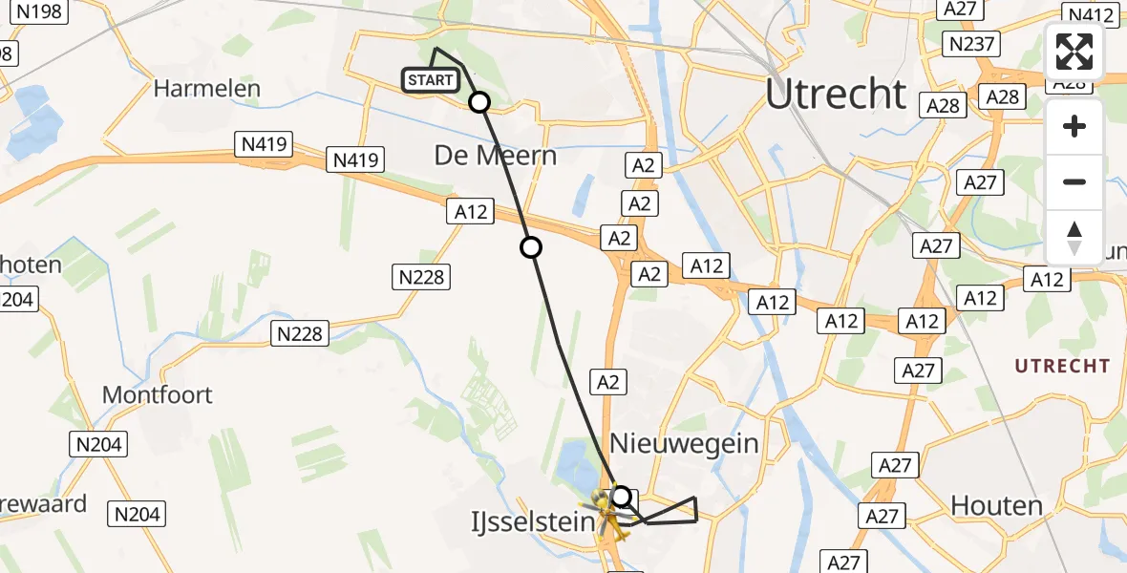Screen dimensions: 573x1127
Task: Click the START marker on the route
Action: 431,80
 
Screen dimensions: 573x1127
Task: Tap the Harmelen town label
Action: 206,89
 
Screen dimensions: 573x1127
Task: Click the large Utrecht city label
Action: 836,94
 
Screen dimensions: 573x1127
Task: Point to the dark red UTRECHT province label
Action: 1062,366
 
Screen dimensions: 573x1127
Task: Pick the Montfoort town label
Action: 157,394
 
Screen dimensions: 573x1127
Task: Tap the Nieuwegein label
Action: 684,443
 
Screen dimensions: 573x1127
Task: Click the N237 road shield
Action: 970,43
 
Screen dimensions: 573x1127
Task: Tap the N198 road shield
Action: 40,11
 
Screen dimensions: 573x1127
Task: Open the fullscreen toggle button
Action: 1074,53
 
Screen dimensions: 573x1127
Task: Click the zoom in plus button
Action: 1074,126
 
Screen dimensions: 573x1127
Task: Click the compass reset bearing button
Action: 1074,237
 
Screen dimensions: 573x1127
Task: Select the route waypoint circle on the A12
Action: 531,248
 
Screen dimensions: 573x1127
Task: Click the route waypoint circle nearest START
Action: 478,102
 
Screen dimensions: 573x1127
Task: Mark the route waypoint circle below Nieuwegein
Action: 622,497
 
